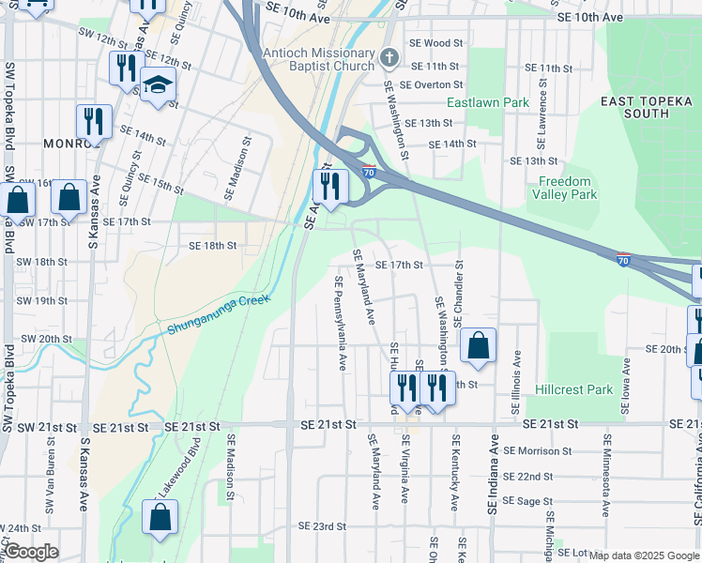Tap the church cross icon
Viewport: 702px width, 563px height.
pos(389,60)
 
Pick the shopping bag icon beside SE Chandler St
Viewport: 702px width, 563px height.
pos(478,345)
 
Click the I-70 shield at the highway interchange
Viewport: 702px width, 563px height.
pos(369,172)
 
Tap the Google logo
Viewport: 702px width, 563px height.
pos(31,553)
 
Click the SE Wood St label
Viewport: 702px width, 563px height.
pos(437,43)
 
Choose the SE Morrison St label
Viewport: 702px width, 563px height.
pos(538,450)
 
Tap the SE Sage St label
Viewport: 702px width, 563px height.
pos(528,502)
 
